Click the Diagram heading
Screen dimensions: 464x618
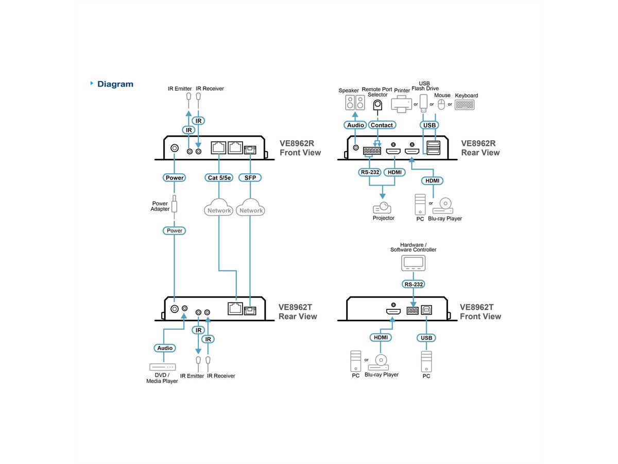115,84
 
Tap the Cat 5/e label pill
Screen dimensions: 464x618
219,178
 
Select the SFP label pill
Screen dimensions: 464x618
250,178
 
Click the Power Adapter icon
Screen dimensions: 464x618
175,205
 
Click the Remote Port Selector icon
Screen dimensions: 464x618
377,105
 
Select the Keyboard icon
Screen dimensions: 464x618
465,105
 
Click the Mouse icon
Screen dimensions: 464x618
441,105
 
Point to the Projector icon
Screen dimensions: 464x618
382,208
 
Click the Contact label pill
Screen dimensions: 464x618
382,125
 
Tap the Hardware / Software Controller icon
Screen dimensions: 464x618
414,263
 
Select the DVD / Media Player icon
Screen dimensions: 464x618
163,367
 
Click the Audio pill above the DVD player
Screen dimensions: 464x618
165,348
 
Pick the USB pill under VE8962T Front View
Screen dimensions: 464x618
426,338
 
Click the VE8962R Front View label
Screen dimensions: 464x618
300,148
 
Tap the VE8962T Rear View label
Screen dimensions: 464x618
298,311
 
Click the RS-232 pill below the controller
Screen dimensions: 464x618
414,284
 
